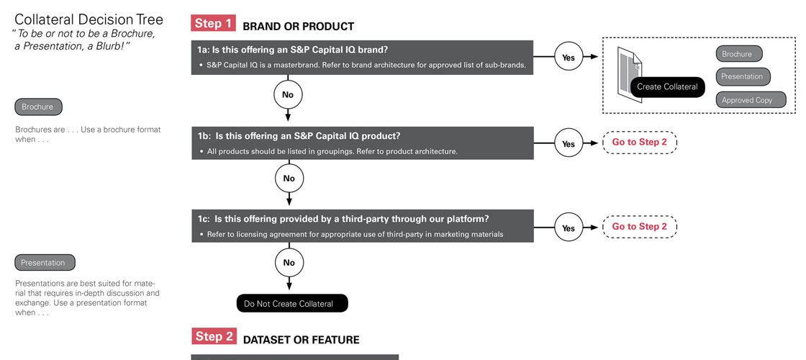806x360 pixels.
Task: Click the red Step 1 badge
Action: tap(214, 23)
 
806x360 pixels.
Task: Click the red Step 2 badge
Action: tap(214, 336)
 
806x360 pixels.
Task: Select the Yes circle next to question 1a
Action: tap(568, 57)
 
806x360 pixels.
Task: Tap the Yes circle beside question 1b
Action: tap(568, 143)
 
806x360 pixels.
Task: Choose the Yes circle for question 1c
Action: tap(568, 228)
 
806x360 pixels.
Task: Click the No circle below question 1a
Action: tap(288, 94)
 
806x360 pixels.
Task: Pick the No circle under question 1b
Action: tap(289, 178)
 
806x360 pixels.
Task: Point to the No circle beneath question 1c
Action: tap(289, 262)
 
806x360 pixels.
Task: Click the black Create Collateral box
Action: tap(667, 86)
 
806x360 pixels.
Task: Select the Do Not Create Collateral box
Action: tap(292, 303)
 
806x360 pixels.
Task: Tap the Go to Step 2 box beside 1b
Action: tap(640, 143)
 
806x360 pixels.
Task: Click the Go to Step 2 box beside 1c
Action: tap(640, 227)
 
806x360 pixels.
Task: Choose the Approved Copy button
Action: tap(751, 100)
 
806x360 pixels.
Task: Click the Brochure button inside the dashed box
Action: tap(738, 53)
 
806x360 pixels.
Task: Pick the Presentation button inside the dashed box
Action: tap(743, 76)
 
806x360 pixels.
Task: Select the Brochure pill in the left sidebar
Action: tap(38, 107)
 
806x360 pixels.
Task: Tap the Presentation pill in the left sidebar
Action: tap(45, 262)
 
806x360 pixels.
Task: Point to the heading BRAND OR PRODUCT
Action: tap(298, 26)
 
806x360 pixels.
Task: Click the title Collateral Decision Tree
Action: tap(89, 19)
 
